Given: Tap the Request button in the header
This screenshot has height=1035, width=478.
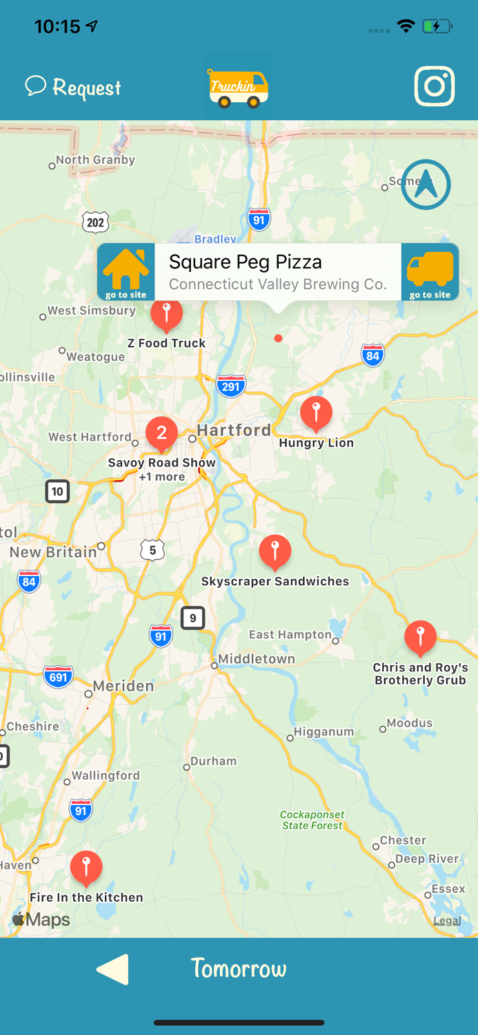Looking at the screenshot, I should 73,88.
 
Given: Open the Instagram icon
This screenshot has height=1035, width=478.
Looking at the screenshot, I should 435,86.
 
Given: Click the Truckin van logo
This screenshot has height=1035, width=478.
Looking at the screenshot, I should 238,88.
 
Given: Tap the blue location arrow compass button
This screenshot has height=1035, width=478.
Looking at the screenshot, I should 426,184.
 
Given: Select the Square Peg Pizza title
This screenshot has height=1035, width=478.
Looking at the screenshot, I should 246,262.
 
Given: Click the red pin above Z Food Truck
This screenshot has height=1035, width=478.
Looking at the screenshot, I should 166,314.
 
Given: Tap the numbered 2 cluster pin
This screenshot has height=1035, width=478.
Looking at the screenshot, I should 161,433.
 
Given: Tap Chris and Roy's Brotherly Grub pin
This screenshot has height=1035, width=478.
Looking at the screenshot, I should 420,637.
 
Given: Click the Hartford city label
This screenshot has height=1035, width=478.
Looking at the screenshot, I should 234,430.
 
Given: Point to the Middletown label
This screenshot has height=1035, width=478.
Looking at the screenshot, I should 257,659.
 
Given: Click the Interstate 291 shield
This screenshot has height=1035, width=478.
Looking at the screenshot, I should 230,386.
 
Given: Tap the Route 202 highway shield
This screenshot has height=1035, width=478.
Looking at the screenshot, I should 95,222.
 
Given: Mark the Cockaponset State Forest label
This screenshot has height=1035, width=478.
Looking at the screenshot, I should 312,820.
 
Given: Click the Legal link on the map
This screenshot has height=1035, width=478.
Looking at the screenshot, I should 447,920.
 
